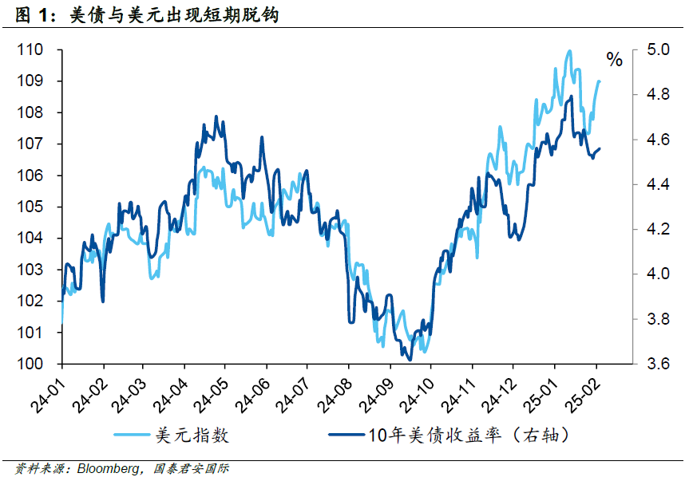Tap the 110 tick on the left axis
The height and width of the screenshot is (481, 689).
30,50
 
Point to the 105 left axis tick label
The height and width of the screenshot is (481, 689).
30,207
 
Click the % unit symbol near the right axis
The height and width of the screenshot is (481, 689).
614,60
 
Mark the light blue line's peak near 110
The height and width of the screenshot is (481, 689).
569,52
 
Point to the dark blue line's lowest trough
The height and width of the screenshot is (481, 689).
410,360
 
